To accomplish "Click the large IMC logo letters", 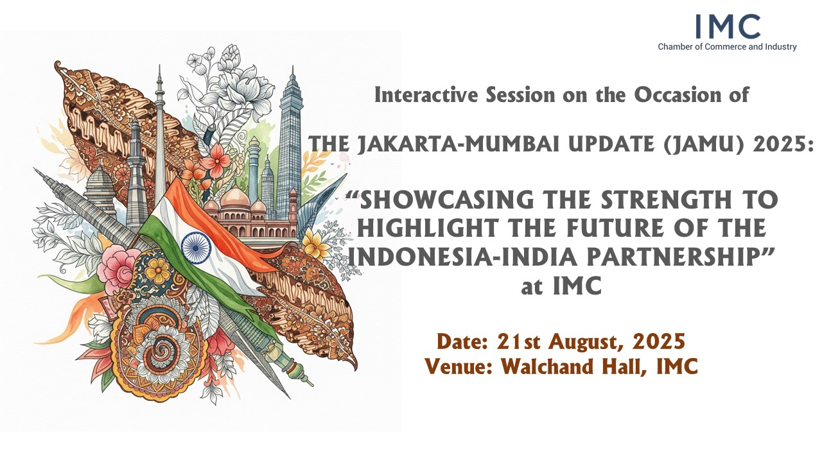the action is click(x=728, y=26).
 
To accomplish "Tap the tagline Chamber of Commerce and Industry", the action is click(x=727, y=47).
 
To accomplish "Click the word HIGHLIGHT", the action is click(x=428, y=228).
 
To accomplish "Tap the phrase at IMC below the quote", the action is click(x=561, y=286).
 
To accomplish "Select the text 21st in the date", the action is click(x=517, y=341).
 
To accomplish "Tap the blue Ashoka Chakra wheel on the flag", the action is click(x=196, y=248).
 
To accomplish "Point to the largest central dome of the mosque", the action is click(x=235, y=198).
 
